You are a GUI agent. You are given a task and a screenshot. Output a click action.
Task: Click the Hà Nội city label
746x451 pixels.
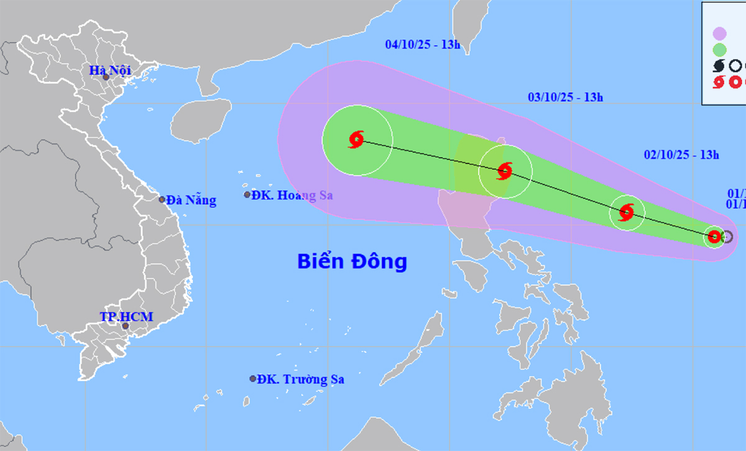pyautogui.click(x=109, y=70)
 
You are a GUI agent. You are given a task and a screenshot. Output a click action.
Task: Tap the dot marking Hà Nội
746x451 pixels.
pyautogui.click(x=106, y=77)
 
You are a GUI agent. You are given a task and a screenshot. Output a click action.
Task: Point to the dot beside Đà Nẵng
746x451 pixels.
pyautogui.click(x=162, y=199)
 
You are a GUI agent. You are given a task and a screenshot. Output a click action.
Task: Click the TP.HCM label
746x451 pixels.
pyautogui.click(x=126, y=317)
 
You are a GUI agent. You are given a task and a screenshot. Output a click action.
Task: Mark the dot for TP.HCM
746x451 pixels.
pyautogui.click(x=125, y=326)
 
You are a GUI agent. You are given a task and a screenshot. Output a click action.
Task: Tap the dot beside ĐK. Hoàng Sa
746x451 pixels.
pyautogui.click(x=247, y=194)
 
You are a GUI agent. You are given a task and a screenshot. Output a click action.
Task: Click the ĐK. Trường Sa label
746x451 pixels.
pyautogui.click(x=301, y=379)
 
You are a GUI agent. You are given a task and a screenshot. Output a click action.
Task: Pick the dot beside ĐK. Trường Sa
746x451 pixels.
pyautogui.click(x=253, y=378)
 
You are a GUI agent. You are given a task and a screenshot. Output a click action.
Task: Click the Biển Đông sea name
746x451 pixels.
pyautogui.click(x=352, y=261)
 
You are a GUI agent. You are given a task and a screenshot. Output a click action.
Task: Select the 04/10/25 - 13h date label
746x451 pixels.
pyautogui.click(x=422, y=44)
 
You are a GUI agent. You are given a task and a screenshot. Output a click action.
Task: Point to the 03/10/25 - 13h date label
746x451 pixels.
pyautogui.click(x=565, y=97)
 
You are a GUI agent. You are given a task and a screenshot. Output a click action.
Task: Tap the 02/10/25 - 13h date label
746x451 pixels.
pyautogui.click(x=681, y=155)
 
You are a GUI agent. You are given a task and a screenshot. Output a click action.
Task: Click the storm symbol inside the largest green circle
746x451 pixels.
pyautogui.click(x=356, y=140)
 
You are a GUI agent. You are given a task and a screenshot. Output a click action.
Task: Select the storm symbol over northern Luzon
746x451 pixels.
pyautogui.click(x=504, y=171)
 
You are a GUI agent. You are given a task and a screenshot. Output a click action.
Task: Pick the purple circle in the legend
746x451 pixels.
pyautogui.click(x=719, y=33)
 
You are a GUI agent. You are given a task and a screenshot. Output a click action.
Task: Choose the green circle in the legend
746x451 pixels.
pyautogui.click(x=719, y=49)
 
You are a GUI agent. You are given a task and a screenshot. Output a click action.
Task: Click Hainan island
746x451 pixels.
pyautogui.click(x=196, y=119)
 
